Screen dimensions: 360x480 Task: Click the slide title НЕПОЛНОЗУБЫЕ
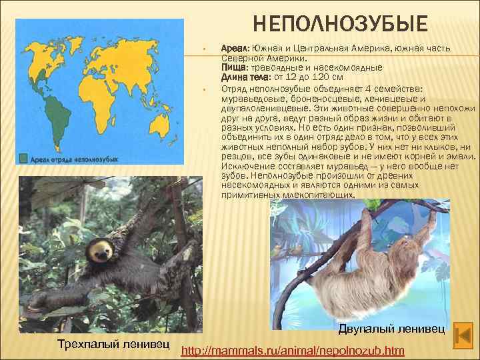(340, 25)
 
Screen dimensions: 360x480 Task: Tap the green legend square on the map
(24, 159)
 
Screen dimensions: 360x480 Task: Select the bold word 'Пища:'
(233, 67)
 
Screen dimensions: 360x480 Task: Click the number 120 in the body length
(321, 77)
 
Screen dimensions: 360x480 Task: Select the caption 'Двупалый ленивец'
(387, 328)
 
